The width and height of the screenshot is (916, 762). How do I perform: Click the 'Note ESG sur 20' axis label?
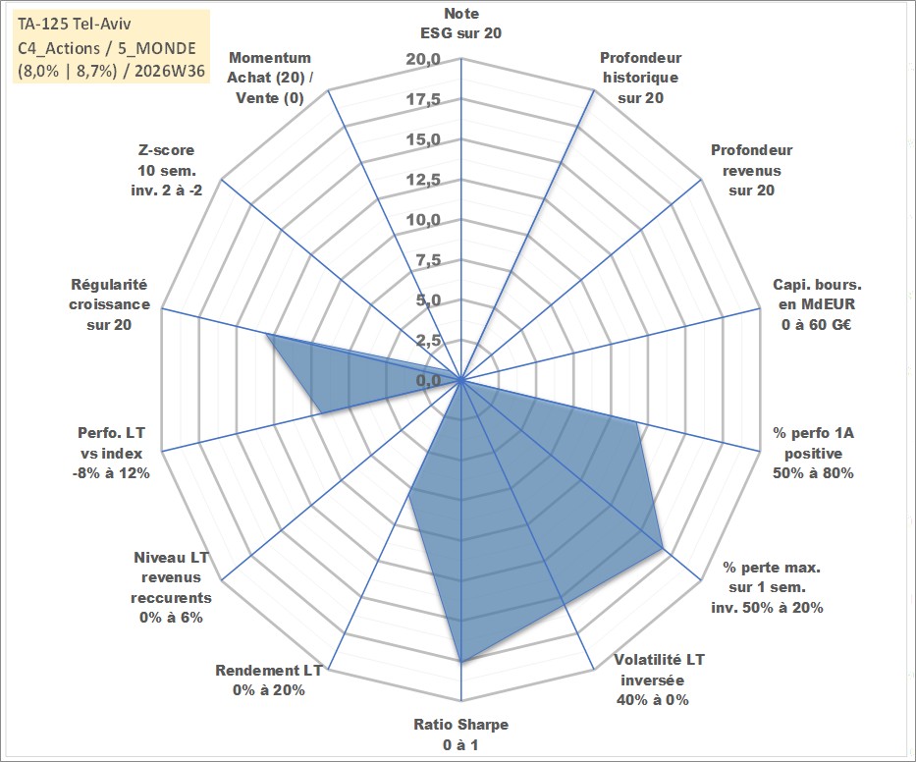(460, 24)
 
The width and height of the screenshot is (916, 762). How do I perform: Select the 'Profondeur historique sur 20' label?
(640, 78)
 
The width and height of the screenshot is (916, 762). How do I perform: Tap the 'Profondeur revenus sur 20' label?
(751, 170)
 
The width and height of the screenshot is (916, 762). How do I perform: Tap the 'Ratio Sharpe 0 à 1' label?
(460, 735)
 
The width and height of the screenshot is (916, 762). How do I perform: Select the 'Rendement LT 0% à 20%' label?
(269, 680)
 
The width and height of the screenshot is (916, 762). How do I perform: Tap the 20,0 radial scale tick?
(423, 60)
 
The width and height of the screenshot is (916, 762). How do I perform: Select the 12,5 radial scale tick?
(423, 180)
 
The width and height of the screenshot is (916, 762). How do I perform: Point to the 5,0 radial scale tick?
(428, 300)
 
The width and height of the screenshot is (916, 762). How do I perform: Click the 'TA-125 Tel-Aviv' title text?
(75, 24)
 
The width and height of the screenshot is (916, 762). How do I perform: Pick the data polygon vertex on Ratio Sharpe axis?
(460, 662)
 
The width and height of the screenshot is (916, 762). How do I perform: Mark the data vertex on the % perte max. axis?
(663, 549)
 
